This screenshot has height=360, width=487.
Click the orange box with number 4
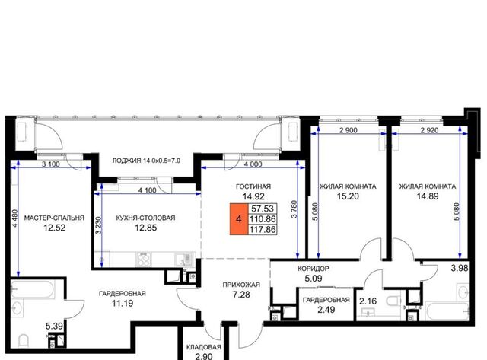pyautogui.click(x=238, y=219)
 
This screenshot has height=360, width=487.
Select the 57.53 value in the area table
pyautogui.click(x=263, y=209)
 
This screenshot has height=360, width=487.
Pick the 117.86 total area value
pyautogui.click(x=263, y=230)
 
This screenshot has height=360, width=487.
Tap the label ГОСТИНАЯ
pyautogui.click(x=253, y=186)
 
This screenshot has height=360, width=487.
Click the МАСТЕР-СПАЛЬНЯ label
pyautogui.click(x=54, y=218)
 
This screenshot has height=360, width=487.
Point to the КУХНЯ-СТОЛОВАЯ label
pyautogui.click(x=145, y=218)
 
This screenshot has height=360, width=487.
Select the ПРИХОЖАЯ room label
pyautogui.click(x=241, y=285)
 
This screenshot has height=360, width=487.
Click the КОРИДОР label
pyautogui.click(x=313, y=269)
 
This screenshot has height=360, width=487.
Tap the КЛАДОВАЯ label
pyautogui.click(x=204, y=347)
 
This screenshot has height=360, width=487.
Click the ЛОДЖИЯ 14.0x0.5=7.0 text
pyautogui.click(x=146, y=161)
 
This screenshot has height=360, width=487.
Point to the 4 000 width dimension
pyautogui.click(x=253, y=164)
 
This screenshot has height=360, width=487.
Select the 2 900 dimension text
pyautogui.click(x=349, y=130)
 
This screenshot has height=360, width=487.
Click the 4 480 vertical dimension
pyautogui.click(x=15, y=218)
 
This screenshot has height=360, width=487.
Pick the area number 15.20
pyautogui.click(x=348, y=196)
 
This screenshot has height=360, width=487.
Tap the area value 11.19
pyautogui.click(x=123, y=303)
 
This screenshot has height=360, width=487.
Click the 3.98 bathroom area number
pyautogui.click(x=460, y=268)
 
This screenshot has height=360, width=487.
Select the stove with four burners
pyautogui.click(x=144, y=259)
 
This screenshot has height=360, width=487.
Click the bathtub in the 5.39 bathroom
pyautogui.click(x=33, y=288)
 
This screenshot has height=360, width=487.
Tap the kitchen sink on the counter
pyautogui.click(x=184, y=259)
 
